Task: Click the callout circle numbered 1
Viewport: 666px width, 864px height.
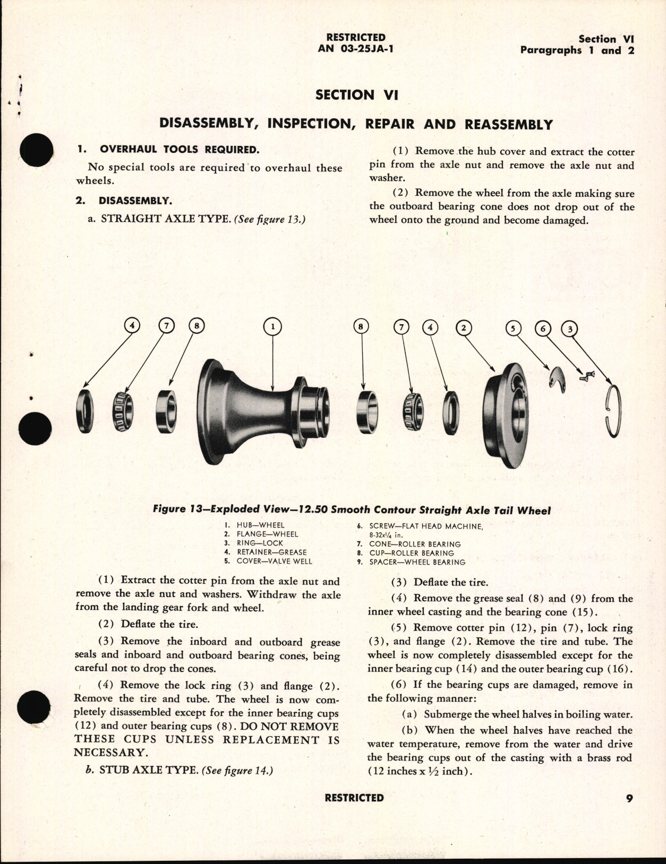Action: (x=272, y=327)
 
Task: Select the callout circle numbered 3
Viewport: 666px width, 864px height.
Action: (x=570, y=329)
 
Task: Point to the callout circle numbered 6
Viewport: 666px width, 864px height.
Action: (x=543, y=329)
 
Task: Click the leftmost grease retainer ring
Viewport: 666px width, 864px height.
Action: (x=85, y=411)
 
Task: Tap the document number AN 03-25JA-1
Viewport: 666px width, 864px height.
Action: (x=356, y=48)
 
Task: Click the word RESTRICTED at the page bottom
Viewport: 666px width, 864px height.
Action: (x=354, y=798)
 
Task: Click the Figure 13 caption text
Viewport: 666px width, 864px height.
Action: (x=352, y=511)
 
